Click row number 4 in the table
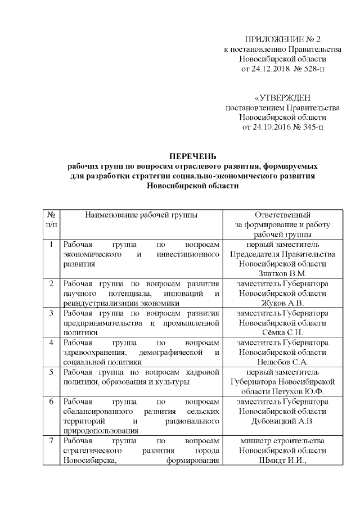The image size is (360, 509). [x=51, y=342]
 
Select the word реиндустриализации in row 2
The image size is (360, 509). [x=97, y=303]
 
